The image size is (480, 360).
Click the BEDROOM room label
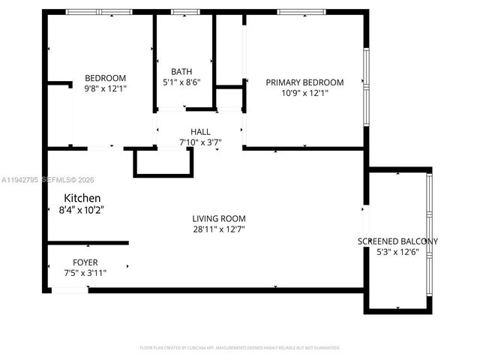(x=105, y=78)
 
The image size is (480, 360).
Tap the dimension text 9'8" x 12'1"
(x=105, y=88)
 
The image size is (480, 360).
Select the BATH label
(x=181, y=72)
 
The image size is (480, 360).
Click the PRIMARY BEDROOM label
(x=304, y=82)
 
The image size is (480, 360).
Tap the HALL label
(x=200, y=131)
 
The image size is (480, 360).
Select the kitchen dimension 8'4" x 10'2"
(x=80, y=210)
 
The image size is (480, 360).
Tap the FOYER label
(x=85, y=262)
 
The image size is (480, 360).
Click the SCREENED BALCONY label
(x=397, y=241)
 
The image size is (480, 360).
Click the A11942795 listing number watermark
(x=22, y=180)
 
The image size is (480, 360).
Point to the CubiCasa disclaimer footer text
(x=240, y=348)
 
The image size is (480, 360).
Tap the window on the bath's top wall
(x=182, y=12)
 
